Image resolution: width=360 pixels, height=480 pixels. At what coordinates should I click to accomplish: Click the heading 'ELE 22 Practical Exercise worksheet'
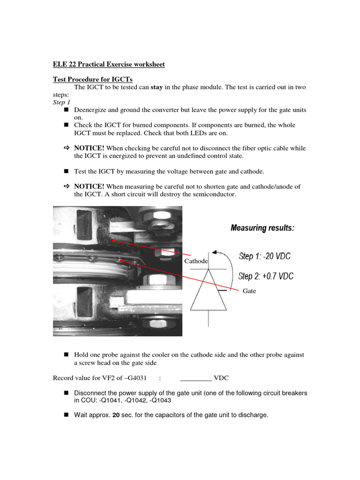[109, 64]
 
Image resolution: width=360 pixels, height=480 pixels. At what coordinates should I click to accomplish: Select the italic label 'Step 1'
[61, 102]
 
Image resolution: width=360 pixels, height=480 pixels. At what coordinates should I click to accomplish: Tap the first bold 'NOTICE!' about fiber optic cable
[89, 148]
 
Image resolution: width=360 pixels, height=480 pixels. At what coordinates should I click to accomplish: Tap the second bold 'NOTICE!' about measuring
[89, 187]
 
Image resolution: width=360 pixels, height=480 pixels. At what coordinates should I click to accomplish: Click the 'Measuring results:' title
[262, 228]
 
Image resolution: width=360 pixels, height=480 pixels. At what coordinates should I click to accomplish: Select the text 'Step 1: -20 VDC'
[264, 256]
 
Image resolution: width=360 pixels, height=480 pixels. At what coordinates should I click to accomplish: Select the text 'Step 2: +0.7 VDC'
[266, 276]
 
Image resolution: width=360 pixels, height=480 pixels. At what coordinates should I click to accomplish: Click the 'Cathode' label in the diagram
[196, 261]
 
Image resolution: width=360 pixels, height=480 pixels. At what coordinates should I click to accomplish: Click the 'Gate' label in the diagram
[249, 291]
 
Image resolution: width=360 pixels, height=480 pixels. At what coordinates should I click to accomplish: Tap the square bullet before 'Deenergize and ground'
[66, 110]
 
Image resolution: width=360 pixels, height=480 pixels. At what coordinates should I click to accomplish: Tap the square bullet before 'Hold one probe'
[66, 355]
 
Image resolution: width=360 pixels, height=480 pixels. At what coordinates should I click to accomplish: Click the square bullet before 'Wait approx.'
[66, 415]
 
